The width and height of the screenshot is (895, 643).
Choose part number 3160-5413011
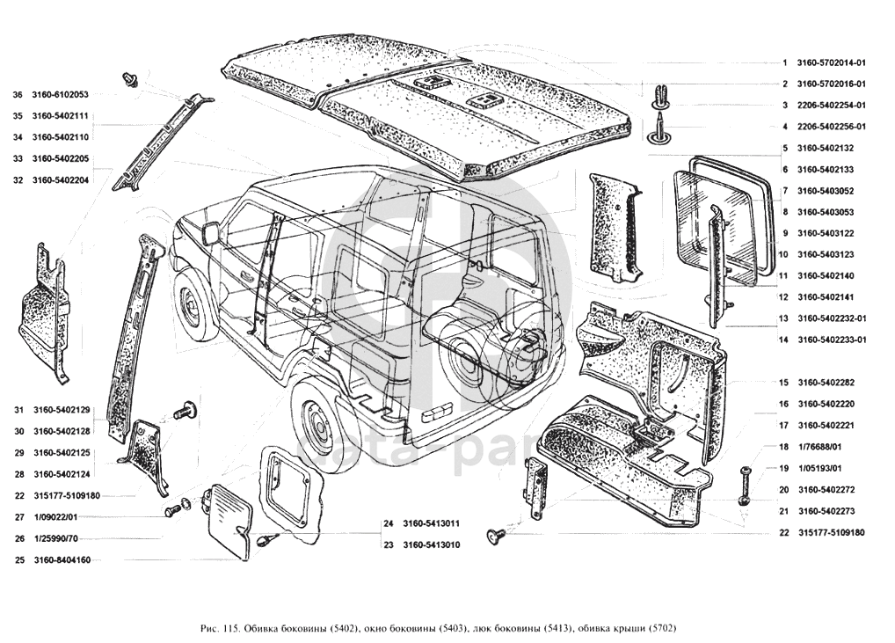pos(432,524)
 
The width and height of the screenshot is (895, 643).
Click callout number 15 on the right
pos(782,383)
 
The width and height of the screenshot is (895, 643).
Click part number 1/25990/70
pos(57,538)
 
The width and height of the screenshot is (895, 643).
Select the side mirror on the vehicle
pos(211,233)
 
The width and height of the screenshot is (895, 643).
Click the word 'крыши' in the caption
pos(629,629)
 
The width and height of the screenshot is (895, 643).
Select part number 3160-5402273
pos(826,511)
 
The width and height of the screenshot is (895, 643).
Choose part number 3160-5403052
pos(826,191)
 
